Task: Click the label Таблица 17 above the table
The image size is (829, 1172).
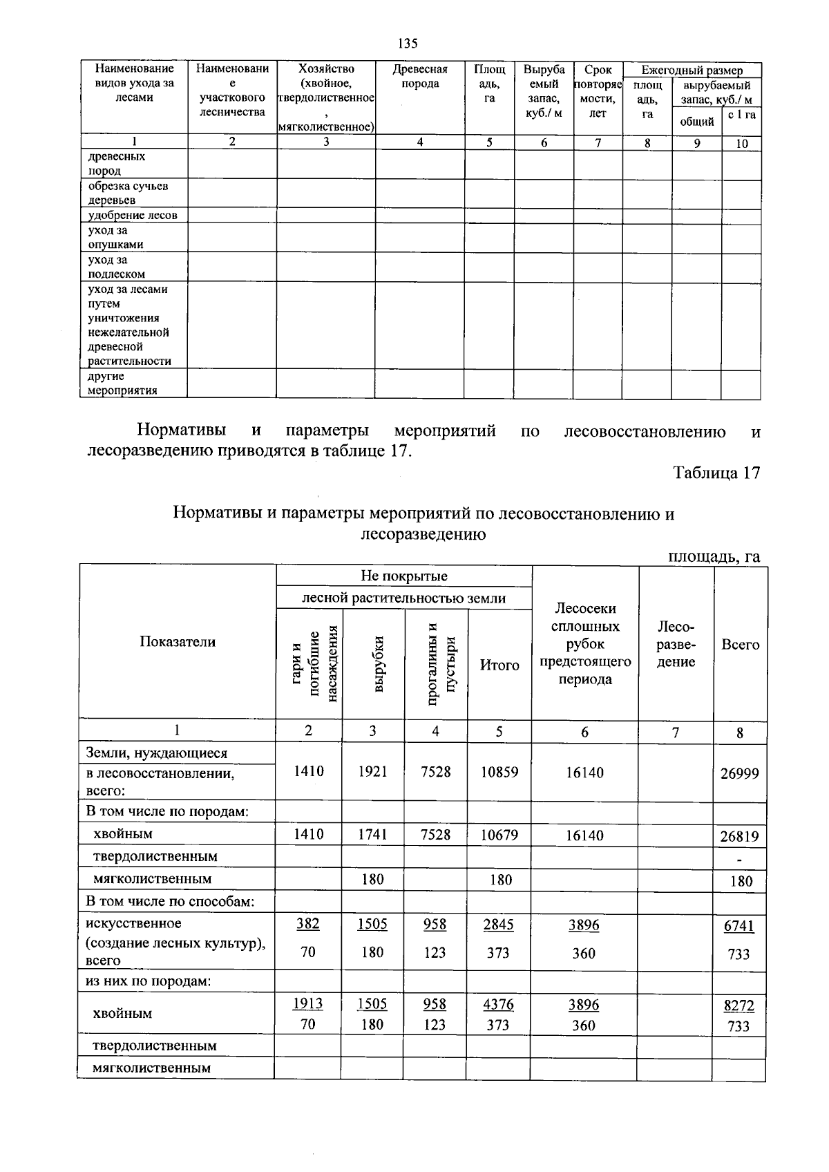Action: point(716,473)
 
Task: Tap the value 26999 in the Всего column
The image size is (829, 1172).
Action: point(739,773)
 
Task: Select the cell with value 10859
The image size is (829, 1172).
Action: point(499,772)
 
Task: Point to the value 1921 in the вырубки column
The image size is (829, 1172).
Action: point(372,771)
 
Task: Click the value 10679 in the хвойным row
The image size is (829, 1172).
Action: point(499,835)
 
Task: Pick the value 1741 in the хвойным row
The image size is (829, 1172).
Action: point(372,834)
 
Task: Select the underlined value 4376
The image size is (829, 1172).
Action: point(498,1003)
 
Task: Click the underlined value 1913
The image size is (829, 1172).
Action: point(308,1003)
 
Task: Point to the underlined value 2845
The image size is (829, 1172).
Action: point(498,925)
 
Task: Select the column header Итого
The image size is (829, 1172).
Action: point(499,665)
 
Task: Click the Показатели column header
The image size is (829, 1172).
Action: point(178,641)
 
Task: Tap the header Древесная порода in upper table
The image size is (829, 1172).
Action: point(420,77)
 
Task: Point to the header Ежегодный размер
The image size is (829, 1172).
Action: point(692,70)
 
